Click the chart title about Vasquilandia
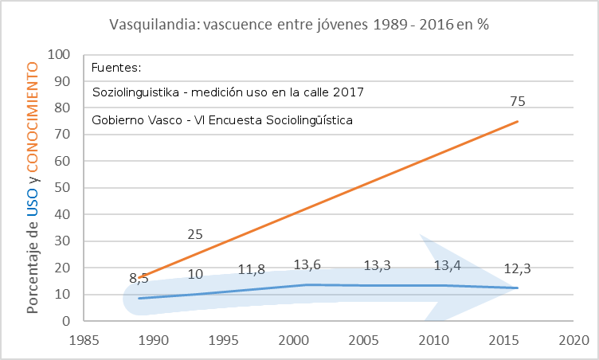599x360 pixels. coord(299,24)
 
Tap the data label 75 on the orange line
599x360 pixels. coord(518,102)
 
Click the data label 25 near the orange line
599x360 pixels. coord(195,234)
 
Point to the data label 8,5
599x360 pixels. coord(139,279)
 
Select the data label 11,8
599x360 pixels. coord(252,269)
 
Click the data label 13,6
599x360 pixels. coord(307,264)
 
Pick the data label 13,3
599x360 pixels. coord(378,265)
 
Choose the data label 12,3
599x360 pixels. coord(518,268)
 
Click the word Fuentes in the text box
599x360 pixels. coord(116,67)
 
